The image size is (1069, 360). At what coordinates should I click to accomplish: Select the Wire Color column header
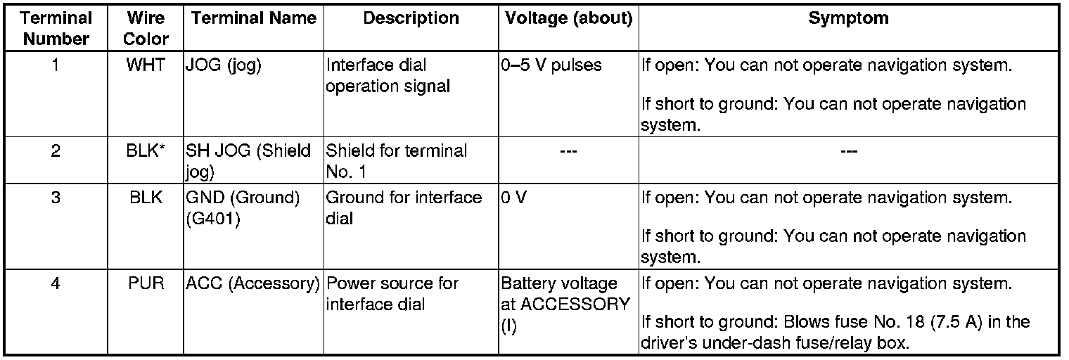(146, 28)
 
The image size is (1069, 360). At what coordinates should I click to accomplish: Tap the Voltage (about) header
(568, 19)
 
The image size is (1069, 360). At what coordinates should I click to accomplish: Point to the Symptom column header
(848, 19)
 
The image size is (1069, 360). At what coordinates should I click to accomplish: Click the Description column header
(411, 19)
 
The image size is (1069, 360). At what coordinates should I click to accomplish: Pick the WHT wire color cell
(146, 65)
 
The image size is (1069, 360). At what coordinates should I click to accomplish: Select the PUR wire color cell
(146, 284)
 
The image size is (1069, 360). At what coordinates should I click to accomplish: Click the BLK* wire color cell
(146, 150)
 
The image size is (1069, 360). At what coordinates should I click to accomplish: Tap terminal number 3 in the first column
(55, 198)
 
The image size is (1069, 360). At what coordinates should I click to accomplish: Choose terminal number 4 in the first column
(55, 284)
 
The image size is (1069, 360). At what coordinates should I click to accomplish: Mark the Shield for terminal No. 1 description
(396, 160)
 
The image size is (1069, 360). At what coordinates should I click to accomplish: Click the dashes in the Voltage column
(568, 150)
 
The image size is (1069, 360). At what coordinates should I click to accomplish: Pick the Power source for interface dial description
(392, 294)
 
